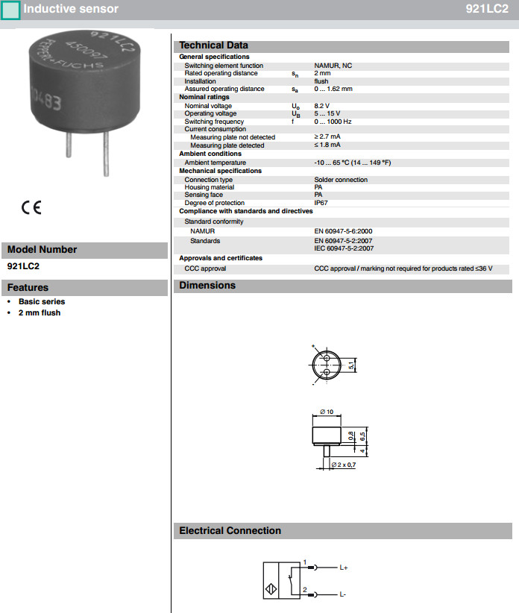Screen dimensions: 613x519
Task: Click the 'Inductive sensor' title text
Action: [70, 9]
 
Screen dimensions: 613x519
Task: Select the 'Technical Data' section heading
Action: [213, 45]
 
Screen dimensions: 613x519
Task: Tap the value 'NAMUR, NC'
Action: [333, 66]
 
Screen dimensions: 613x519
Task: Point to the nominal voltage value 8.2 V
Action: [321, 106]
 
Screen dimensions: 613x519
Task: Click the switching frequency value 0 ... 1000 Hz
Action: [333, 122]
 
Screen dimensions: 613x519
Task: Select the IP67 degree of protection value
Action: [321, 203]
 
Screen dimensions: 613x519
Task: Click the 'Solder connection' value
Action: [341, 180]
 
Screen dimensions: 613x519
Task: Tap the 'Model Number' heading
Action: [42, 250]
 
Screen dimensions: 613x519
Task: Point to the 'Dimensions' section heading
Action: [207, 286]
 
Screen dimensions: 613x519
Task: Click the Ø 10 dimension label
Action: [326, 412]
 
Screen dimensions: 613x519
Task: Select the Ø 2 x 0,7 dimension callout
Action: [343, 465]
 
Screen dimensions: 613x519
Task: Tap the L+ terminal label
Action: [344, 568]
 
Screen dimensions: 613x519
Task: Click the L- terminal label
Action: [342, 594]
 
